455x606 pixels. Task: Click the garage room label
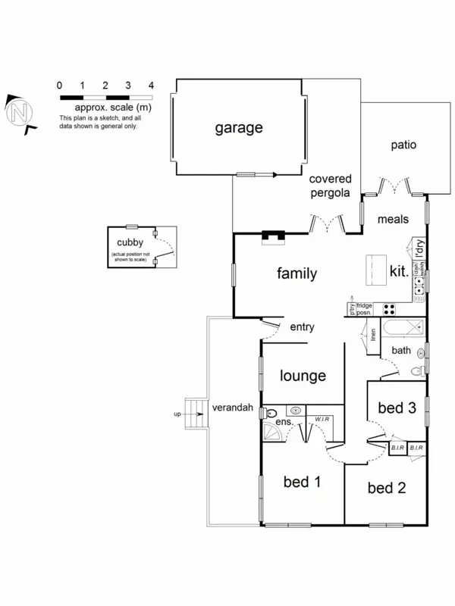tap(238, 127)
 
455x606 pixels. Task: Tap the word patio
tap(403, 145)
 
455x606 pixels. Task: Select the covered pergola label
tap(330, 186)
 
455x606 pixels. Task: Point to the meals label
tap(394, 220)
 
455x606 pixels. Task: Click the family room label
tap(297, 273)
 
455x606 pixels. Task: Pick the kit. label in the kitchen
tap(399, 270)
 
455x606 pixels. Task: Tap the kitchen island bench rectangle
tap(375, 269)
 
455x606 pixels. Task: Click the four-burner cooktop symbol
tap(388, 309)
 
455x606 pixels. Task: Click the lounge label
tap(303, 375)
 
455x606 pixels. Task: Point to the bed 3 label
tap(397, 408)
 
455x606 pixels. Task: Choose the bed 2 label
tap(386, 488)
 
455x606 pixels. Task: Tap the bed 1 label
tap(302, 481)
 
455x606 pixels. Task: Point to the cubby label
tap(130, 243)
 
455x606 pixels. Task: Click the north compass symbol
tap(20, 114)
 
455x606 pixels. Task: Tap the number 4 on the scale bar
tap(152, 86)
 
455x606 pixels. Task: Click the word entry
tap(303, 327)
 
